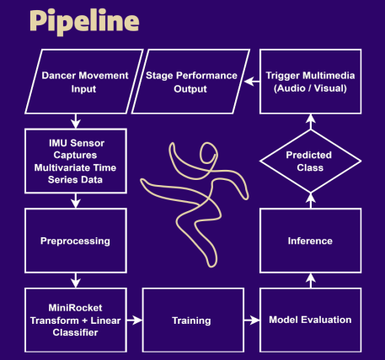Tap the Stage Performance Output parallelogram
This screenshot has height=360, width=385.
click(x=193, y=82)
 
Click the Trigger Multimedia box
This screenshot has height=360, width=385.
click(x=311, y=82)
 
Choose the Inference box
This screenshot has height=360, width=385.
click(x=311, y=241)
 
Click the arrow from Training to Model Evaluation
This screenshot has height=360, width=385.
click(x=251, y=320)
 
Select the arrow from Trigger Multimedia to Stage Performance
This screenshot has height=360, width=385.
click(x=251, y=82)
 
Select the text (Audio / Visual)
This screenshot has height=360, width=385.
click(x=311, y=87)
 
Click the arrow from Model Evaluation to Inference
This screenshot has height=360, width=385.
click(x=311, y=281)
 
